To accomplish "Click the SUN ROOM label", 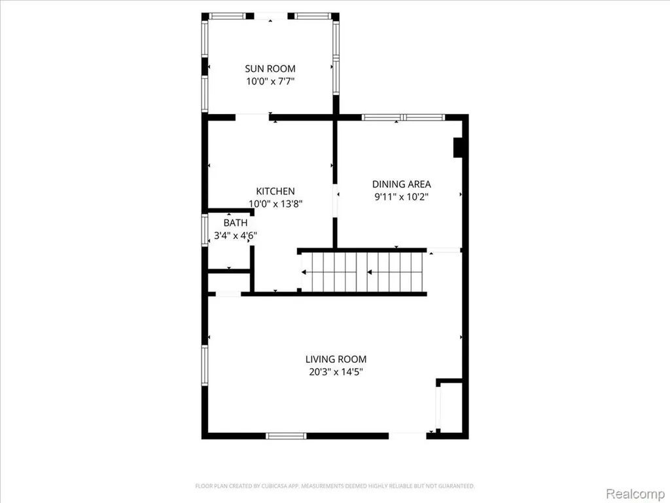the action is [x=270, y=68].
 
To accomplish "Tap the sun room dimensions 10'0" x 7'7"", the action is [x=270, y=81].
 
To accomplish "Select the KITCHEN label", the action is [x=275, y=191].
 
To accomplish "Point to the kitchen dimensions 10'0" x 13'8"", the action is [x=275, y=204].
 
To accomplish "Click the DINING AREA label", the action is [x=401, y=184].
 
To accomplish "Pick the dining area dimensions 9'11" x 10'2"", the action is [x=401, y=196].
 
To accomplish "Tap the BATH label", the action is [x=236, y=223].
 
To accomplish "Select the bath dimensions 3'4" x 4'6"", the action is [x=236, y=235].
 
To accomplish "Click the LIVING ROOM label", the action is [x=336, y=360].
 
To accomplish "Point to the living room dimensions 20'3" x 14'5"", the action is [x=336, y=372].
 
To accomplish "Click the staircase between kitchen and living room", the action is [x=362, y=272].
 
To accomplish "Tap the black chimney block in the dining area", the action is [x=458, y=147].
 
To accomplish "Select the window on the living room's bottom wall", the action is [x=286, y=436].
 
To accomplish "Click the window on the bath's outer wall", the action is [x=205, y=231].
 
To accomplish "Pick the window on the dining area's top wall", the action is [x=403, y=117].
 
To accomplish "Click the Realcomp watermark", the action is [x=634, y=494].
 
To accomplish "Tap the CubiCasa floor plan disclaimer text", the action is [x=335, y=486].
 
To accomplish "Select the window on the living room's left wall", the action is [x=205, y=365].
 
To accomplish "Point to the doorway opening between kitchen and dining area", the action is [x=335, y=200].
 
